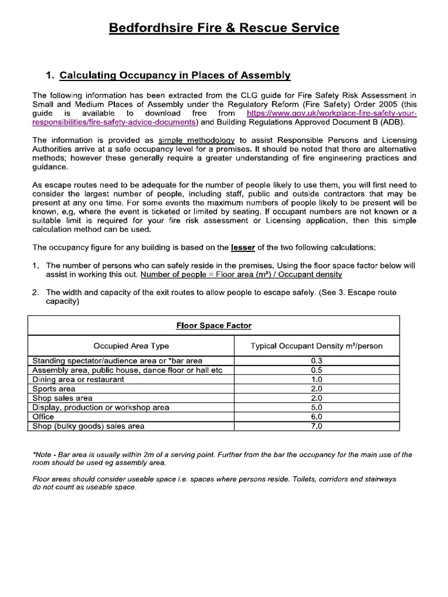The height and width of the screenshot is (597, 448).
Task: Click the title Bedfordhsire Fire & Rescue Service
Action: [x=224, y=27]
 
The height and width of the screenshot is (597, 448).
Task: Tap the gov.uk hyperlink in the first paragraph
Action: [x=331, y=113]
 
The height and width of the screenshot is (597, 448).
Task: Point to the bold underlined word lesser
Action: [x=243, y=247]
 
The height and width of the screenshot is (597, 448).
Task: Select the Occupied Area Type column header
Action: [x=131, y=346]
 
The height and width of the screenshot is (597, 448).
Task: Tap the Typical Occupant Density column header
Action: [x=317, y=346]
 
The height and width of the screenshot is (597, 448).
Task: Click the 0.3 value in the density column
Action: [x=317, y=361]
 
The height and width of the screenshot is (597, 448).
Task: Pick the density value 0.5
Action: [x=317, y=370]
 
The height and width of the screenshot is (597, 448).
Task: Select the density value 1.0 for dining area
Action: [x=317, y=380]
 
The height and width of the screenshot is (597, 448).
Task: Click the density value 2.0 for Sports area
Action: [x=317, y=389]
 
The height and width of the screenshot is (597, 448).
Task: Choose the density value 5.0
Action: [x=317, y=408]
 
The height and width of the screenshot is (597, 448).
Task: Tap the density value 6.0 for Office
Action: [x=317, y=417]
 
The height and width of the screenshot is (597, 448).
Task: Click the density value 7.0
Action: [x=317, y=426]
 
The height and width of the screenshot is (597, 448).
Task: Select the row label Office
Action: [x=43, y=417]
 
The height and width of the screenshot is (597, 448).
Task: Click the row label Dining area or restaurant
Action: [x=78, y=380]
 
